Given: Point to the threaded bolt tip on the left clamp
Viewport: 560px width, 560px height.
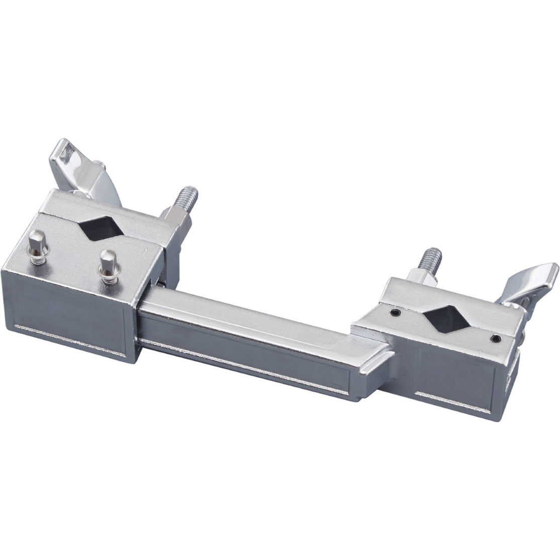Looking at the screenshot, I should point(190,194).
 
